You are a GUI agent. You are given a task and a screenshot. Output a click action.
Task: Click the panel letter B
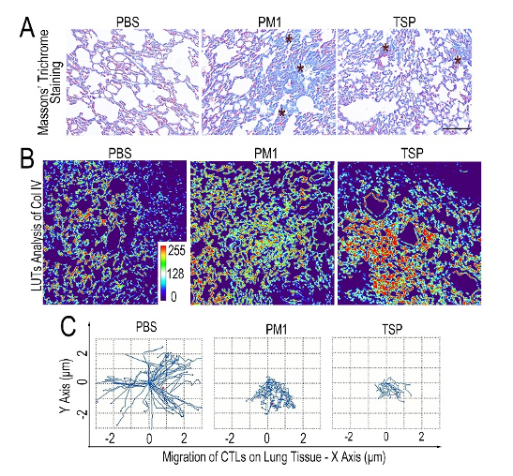click(27, 158)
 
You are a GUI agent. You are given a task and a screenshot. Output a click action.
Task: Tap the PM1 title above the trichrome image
click(269, 22)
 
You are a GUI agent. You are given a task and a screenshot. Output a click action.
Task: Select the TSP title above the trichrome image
click(403, 22)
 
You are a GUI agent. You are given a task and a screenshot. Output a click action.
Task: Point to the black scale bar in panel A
click(456, 128)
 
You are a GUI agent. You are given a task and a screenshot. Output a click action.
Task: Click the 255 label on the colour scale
click(176, 251)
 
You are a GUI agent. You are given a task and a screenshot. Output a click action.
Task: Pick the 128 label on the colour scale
click(175, 274)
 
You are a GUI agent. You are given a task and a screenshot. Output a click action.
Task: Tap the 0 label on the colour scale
click(174, 296)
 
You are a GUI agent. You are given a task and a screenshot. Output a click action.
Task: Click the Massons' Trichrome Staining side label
click(49, 82)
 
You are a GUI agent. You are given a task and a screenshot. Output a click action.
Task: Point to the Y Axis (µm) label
click(66, 386)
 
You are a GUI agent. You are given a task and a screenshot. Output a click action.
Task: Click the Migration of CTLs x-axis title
click(274, 457)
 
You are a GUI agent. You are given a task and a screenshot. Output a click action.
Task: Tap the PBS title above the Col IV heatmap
click(119, 153)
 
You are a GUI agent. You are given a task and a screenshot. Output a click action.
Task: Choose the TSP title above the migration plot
click(392, 329)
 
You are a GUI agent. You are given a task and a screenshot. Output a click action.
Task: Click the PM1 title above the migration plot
click(276, 330)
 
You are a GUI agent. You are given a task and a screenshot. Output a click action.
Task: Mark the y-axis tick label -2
click(83, 413)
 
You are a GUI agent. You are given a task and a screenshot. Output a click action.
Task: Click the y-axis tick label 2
click(83, 354)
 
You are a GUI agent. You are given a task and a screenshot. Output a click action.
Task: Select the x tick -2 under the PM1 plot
click(231, 439)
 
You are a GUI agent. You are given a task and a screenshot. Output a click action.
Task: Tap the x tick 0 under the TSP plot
click(386, 437)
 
